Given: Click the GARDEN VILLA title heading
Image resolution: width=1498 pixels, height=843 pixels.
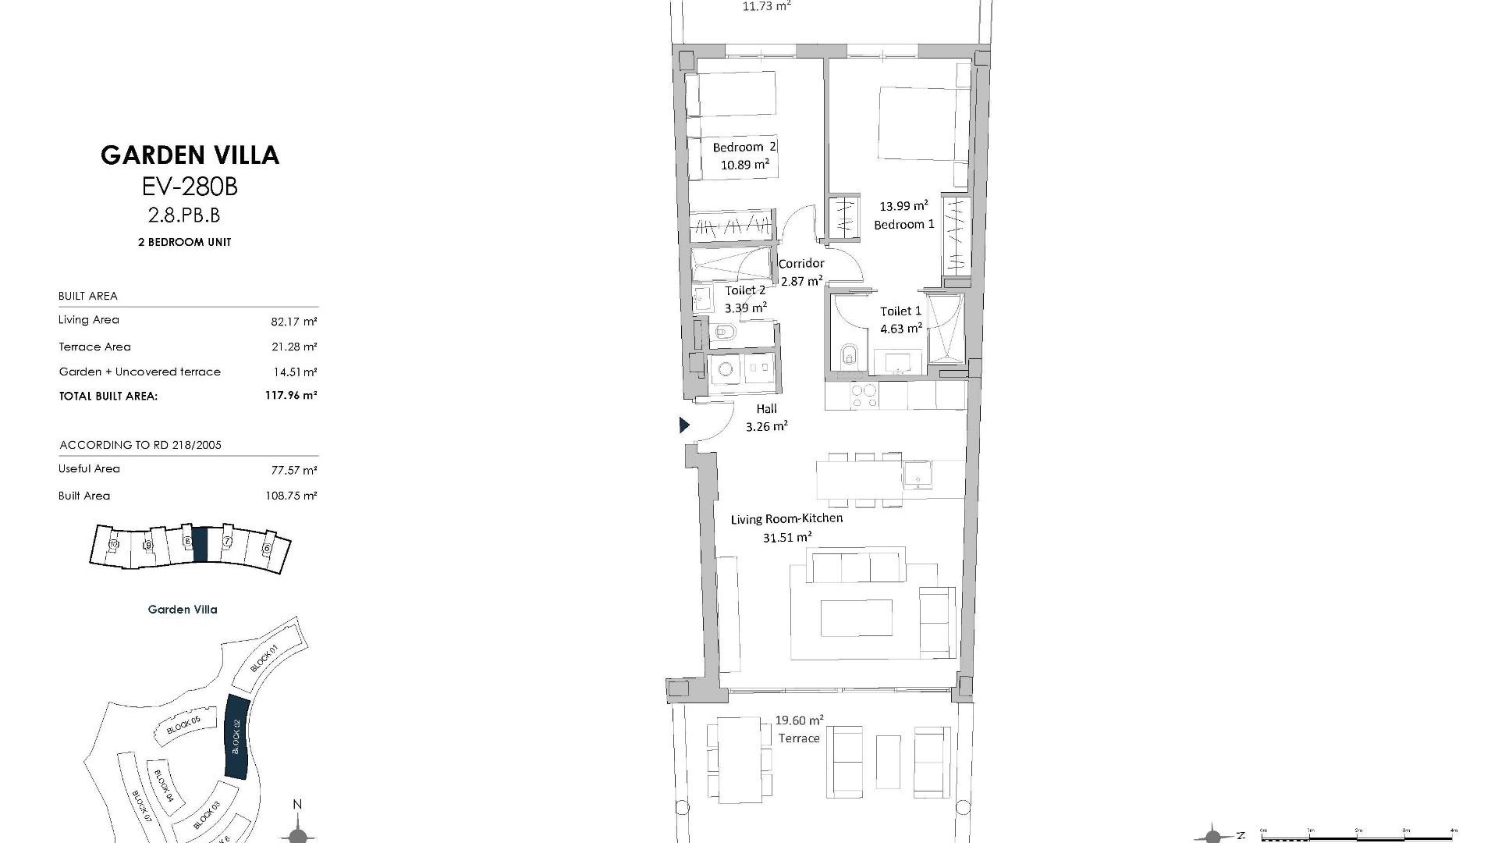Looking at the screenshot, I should point(190,155).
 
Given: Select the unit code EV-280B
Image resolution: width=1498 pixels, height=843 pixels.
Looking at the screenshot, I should point(190,187).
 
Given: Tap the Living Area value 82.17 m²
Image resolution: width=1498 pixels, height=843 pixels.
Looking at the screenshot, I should point(293,321).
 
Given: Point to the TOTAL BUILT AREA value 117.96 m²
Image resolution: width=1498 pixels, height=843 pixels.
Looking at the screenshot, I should point(290,396).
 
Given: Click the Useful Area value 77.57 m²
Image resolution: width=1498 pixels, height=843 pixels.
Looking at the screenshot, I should point(293,470).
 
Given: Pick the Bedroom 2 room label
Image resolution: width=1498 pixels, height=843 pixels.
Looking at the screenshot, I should point(744,147).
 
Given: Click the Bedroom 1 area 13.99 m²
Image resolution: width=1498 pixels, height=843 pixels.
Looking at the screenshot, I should point(903,206).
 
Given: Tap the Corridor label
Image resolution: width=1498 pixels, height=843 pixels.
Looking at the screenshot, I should point(801,264).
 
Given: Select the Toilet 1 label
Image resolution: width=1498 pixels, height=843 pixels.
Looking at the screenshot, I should point(900,311).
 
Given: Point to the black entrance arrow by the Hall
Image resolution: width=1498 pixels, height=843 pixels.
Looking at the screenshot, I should point(684,425).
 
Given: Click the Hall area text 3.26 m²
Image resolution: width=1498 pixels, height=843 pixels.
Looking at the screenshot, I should point(766,426).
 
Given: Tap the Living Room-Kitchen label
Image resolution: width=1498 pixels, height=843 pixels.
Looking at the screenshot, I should point(786,518).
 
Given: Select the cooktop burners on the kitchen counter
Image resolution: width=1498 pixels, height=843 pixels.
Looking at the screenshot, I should point(863,396).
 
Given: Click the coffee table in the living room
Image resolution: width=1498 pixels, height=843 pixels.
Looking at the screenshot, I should point(856,617).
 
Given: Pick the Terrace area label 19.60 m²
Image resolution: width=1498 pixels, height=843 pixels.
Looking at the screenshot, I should point(799,720).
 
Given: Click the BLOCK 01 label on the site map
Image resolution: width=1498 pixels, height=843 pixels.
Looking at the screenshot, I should point(265,660).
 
